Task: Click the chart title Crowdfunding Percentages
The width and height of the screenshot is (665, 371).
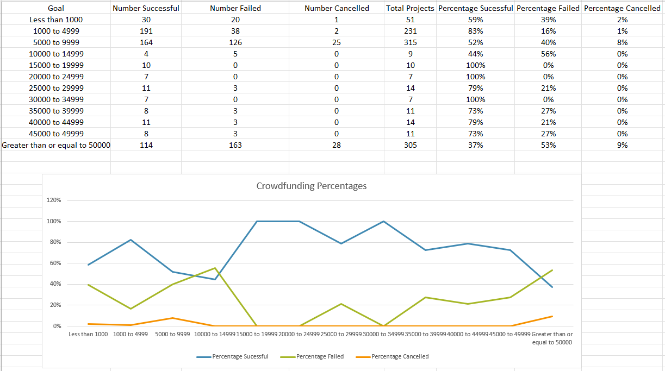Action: point(311,186)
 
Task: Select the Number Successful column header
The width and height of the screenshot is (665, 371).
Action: point(146,8)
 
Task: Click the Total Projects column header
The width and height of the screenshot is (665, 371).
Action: point(410,8)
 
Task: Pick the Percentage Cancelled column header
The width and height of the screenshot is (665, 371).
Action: point(622,8)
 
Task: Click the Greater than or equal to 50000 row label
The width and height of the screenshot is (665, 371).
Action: point(56,145)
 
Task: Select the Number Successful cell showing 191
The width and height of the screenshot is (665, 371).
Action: point(146,31)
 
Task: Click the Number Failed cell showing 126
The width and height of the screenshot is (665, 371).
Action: point(235,42)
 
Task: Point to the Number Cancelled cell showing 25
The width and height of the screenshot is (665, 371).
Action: point(337,42)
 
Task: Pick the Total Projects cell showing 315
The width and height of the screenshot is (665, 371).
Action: point(410,42)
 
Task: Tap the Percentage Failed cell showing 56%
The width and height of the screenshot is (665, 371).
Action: point(548,54)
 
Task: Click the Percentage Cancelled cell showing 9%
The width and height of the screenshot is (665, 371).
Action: point(622,145)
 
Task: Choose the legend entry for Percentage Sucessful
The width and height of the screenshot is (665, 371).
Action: point(240,357)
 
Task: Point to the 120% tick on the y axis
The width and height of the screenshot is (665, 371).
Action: point(57,200)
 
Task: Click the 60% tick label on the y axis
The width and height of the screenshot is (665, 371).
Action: point(57,263)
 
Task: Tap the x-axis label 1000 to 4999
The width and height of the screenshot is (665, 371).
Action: point(130,334)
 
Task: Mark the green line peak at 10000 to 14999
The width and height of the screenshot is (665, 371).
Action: point(215,268)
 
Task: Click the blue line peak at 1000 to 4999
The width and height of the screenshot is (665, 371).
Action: point(130,240)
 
